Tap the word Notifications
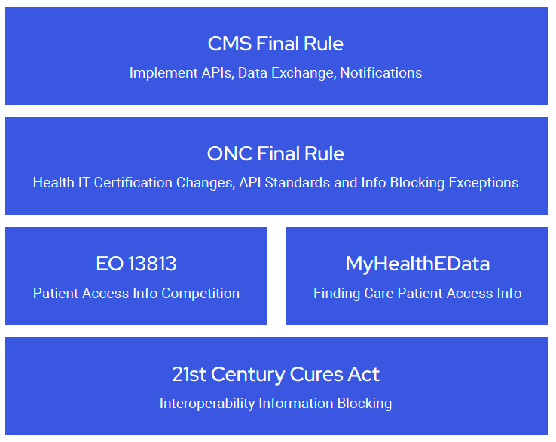pos(380,72)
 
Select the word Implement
pos(163,73)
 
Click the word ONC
pos(230,154)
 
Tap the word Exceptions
pos(484,183)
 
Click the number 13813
pos(152,264)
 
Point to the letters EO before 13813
pos(110,264)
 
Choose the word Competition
pos(200,294)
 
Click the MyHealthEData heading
pos(417,264)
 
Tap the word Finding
pos(337,294)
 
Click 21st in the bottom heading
pos(189,374)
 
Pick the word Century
pos(248,375)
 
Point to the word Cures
pos(316,374)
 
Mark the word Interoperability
pos(207,404)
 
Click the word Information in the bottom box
pos(296,404)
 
